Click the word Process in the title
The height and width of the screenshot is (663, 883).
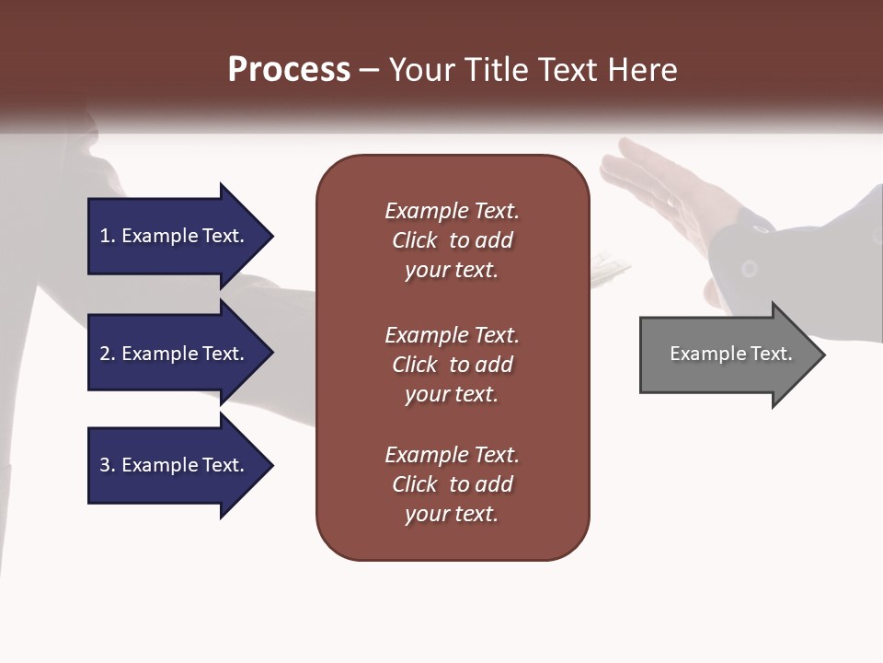[x=289, y=70]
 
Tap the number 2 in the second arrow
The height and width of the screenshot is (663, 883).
[x=105, y=354]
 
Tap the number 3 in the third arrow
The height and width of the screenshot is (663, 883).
[x=105, y=465]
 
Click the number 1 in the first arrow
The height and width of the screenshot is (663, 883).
[x=105, y=236]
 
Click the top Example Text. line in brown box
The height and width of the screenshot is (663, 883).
[x=452, y=211]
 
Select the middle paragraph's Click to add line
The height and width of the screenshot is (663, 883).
[x=452, y=365]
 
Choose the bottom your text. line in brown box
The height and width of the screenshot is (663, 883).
[x=452, y=514]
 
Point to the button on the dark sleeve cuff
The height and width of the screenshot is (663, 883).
[x=750, y=269]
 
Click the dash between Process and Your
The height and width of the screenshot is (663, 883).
[x=370, y=70]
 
